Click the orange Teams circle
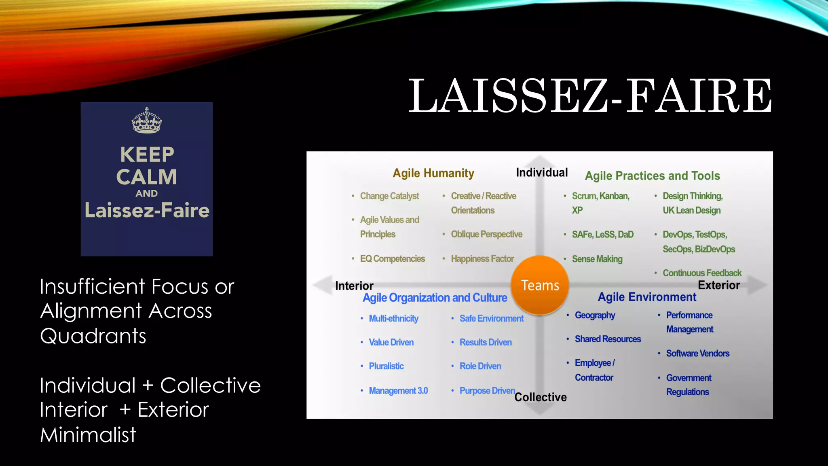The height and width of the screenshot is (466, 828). click(540, 285)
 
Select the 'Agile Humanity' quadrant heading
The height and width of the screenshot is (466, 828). click(433, 173)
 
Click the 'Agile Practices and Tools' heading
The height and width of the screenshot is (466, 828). click(652, 176)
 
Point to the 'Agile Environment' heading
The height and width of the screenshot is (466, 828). click(647, 297)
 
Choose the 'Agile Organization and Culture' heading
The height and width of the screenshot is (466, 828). click(435, 298)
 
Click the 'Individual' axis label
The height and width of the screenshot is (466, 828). click(542, 173)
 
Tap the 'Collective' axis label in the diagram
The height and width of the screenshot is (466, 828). click(541, 397)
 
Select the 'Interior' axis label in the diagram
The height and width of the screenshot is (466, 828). click(354, 286)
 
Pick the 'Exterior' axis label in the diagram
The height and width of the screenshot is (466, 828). click(719, 285)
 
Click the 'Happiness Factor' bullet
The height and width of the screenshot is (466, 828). click(482, 258)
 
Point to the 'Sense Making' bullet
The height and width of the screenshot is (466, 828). click(597, 259)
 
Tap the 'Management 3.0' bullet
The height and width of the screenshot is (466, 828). click(398, 391)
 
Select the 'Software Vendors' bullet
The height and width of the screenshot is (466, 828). click(698, 353)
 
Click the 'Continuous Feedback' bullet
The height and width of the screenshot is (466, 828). click(702, 273)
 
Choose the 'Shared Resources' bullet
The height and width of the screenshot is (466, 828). click(608, 339)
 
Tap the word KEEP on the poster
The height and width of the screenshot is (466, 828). click(147, 155)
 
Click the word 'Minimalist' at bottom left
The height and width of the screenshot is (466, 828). click(88, 435)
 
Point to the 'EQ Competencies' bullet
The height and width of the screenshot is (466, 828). click(393, 258)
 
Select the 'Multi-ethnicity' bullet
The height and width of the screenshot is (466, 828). click(393, 318)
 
